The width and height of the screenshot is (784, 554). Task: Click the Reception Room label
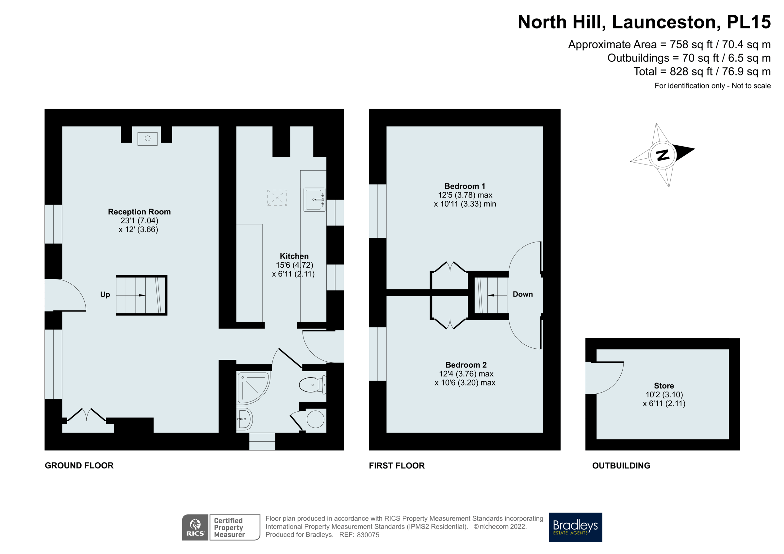pos(139,212)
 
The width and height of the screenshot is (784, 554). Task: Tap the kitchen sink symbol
pos(314,199)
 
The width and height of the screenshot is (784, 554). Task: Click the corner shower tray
pos(252,387)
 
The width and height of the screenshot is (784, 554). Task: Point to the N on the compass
pos(662,155)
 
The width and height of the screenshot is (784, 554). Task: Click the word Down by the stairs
pos(522,294)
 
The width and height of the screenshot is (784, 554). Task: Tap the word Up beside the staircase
pos(105,294)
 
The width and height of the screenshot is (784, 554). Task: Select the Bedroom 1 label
pos(465,186)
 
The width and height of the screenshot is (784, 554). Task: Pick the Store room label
pos(664,386)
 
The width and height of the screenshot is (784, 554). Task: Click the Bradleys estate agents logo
pos(575,527)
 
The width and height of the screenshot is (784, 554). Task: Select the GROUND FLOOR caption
pos(79,466)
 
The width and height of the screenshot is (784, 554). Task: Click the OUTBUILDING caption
pos(621,466)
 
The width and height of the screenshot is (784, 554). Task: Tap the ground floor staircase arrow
pos(141,295)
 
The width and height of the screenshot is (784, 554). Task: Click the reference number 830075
pos(368,535)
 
